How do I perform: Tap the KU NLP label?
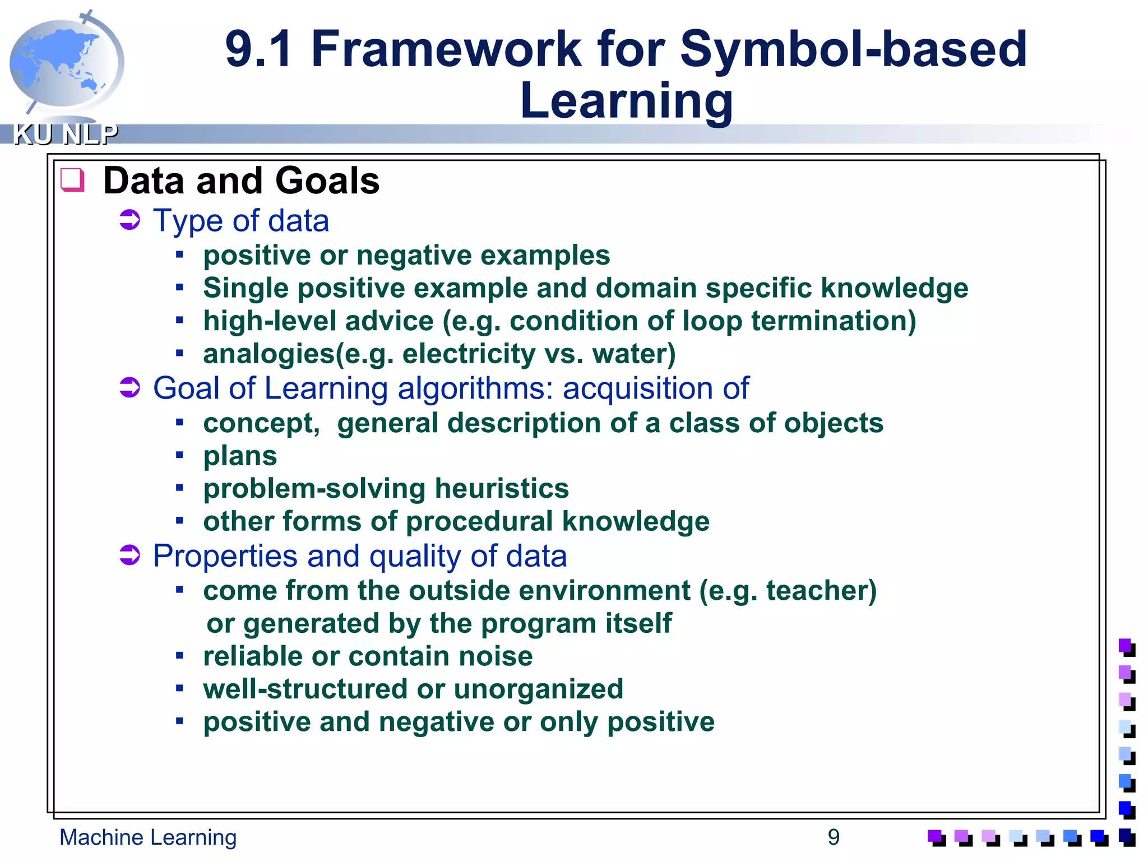(x=66, y=135)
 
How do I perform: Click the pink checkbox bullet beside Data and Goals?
(x=72, y=180)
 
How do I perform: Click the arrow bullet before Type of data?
(x=130, y=220)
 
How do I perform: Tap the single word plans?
(x=240, y=456)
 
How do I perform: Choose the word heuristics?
(x=502, y=489)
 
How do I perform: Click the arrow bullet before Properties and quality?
(x=130, y=556)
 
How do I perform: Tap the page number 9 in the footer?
(x=834, y=837)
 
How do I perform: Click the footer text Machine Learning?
(x=148, y=837)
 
